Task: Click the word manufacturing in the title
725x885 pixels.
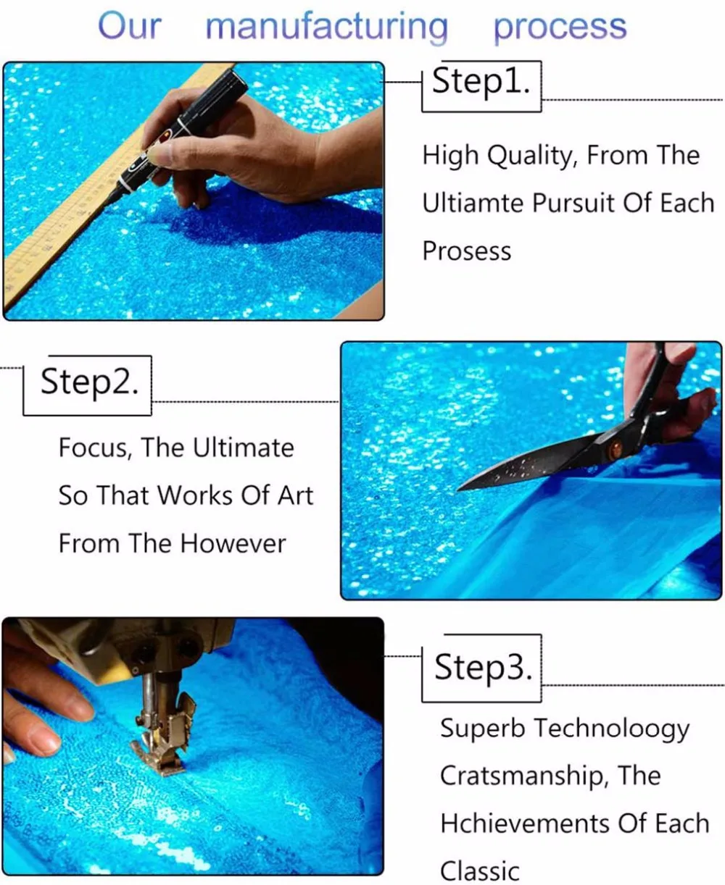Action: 327,27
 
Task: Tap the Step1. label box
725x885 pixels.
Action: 481,86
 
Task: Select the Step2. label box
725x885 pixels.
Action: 88,385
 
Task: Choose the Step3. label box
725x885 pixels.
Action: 482,668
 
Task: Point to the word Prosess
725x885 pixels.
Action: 467,251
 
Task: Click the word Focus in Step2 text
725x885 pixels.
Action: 92,448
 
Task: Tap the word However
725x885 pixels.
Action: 233,543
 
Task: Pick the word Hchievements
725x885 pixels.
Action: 525,823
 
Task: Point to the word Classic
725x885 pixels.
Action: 480,871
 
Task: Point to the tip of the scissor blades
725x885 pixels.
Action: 458,490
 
